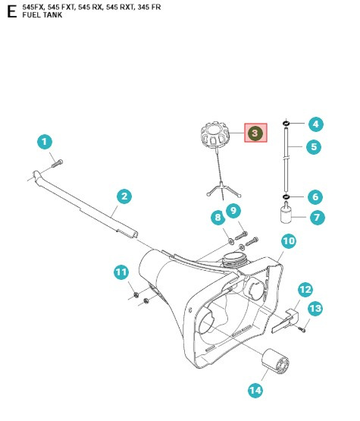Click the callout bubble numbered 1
pos(45,142)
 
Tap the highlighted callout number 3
pos(255,133)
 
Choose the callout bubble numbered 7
pos(316,217)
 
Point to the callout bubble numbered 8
pos(218,218)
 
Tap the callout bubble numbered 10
pos(289,241)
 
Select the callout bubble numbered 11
pos(121,272)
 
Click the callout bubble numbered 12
pos(305,289)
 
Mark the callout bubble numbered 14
pos(255,390)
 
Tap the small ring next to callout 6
pos(287,197)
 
